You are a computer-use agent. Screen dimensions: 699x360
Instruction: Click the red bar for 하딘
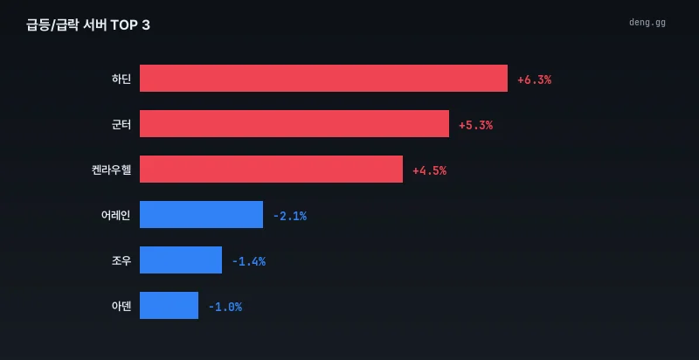tap(323, 78)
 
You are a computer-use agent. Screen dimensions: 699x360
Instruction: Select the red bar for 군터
tap(294, 123)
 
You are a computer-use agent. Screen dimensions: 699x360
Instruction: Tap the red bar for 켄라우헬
tap(271, 169)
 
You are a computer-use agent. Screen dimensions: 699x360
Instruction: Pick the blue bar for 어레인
tap(202, 214)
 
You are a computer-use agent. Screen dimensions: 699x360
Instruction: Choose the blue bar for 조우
tap(181, 260)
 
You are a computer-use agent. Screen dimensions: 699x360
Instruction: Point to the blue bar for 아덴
tap(169, 305)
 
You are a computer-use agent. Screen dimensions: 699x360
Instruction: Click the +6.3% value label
tap(534, 80)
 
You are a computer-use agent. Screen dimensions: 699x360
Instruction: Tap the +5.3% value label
tap(475, 126)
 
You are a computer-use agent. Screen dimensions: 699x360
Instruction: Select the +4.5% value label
tap(429, 171)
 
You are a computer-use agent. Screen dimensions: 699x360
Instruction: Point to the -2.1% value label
tap(290, 217)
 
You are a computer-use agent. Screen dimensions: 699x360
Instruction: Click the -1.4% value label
tap(249, 262)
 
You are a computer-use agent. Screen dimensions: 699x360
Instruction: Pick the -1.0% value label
tap(225, 308)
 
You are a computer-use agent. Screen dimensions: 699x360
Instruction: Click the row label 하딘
tap(121, 79)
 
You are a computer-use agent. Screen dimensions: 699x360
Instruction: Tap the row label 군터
tap(121, 124)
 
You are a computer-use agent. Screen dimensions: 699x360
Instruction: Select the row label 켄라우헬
tap(112, 170)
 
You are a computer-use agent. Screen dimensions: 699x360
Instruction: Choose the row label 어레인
tap(116, 215)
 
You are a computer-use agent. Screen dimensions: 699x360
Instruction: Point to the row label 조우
tap(121, 260)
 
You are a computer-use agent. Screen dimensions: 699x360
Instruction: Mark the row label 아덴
tap(121, 306)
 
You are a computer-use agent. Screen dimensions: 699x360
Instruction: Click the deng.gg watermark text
tap(647, 22)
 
